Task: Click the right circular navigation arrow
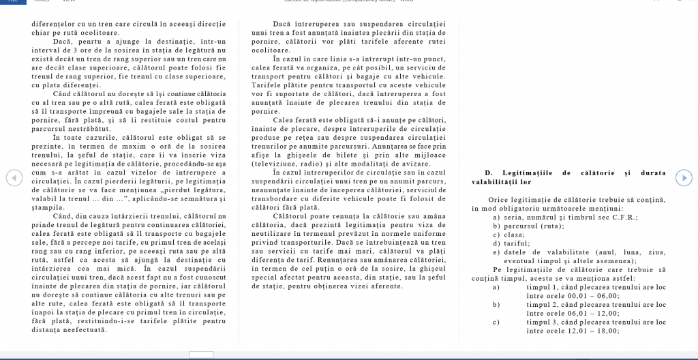coord(684,178)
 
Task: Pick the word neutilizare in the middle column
coord(277,234)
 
